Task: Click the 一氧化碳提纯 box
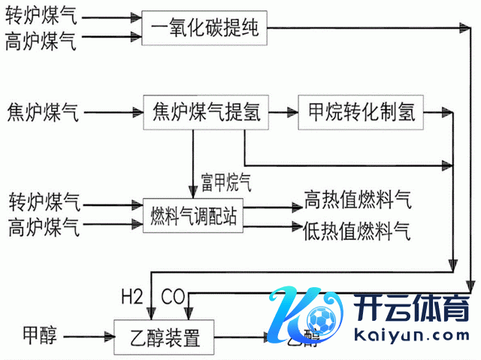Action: [x=204, y=29]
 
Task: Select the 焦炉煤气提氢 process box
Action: [x=205, y=113]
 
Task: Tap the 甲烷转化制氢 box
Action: [x=362, y=113]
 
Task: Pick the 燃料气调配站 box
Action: [x=193, y=216]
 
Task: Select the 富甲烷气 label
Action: [x=225, y=182]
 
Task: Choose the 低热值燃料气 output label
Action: [x=356, y=229]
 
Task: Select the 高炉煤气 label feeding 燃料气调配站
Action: [x=43, y=226]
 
